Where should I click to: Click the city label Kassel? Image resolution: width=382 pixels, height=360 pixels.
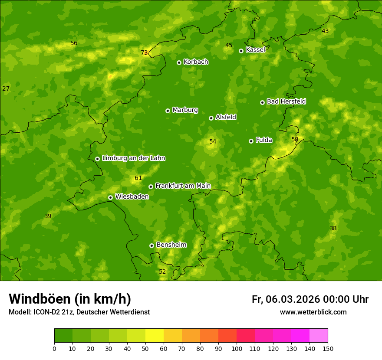pyautogui.click(x=255, y=50)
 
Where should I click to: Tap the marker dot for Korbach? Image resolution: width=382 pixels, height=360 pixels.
pyautogui.click(x=179, y=62)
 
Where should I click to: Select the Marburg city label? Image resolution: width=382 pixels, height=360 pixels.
pyautogui.click(x=185, y=110)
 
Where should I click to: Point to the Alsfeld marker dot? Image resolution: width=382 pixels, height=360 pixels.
pyautogui.click(x=211, y=118)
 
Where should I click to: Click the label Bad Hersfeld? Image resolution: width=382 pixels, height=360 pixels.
pyautogui.click(x=286, y=101)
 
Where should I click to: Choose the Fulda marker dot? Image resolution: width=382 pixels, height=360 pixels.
pyautogui.click(x=251, y=141)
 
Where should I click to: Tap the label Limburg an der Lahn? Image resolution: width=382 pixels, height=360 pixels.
pyautogui.click(x=133, y=158)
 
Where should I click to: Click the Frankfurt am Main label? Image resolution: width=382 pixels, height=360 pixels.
pyautogui.click(x=183, y=186)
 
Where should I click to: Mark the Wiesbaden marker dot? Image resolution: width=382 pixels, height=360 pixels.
pyautogui.click(x=110, y=197)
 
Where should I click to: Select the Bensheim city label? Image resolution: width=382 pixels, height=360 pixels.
pyautogui.click(x=171, y=245)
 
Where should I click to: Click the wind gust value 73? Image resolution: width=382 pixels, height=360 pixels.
pyautogui.click(x=144, y=53)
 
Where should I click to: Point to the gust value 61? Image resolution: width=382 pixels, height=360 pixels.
pyautogui.click(x=138, y=178)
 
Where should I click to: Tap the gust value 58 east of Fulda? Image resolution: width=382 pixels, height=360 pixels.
pyautogui.click(x=295, y=139)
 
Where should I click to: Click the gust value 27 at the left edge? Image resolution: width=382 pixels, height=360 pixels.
pyautogui.click(x=6, y=89)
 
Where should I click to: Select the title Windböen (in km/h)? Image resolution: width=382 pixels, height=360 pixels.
pyautogui.click(x=70, y=299)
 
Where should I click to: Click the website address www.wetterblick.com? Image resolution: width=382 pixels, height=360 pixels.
pyautogui.click(x=313, y=312)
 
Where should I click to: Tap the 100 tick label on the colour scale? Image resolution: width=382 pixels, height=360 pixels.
pyautogui.click(x=237, y=348)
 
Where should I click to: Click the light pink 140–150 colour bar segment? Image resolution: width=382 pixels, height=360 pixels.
pyautogui.click(x=319, y=336)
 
